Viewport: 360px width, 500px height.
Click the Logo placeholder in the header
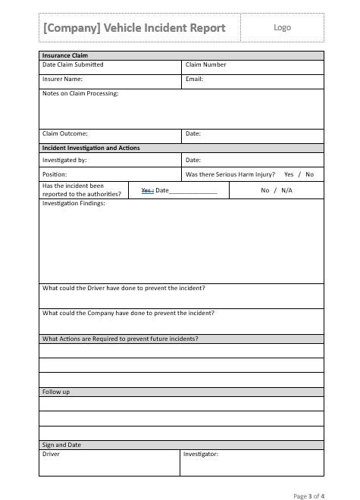point(282,27)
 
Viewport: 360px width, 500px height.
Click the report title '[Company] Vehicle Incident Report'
point(134,28)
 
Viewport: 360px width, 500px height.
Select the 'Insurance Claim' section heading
point(64,55)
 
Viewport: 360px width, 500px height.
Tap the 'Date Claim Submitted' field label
point(73,65)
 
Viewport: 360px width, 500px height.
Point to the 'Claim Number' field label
point(206,65)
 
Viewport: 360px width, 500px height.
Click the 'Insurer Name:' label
point(62,79)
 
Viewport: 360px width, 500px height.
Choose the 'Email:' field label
point(194,79)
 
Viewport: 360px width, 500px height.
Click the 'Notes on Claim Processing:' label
point(80,93)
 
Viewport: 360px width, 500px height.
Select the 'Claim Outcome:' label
point(64,134)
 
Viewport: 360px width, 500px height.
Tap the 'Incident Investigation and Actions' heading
point(91,148)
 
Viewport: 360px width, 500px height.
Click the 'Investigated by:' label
point(64,161)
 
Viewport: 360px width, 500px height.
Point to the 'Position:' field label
point(55,174)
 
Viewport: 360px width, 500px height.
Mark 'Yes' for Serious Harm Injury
point(289,174)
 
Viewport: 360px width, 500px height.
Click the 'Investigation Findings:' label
point(74,204)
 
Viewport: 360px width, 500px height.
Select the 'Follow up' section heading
point(56,392)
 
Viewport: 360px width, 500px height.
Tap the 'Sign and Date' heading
point(61,445)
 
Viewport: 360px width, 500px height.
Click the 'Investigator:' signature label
point(201,454)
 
